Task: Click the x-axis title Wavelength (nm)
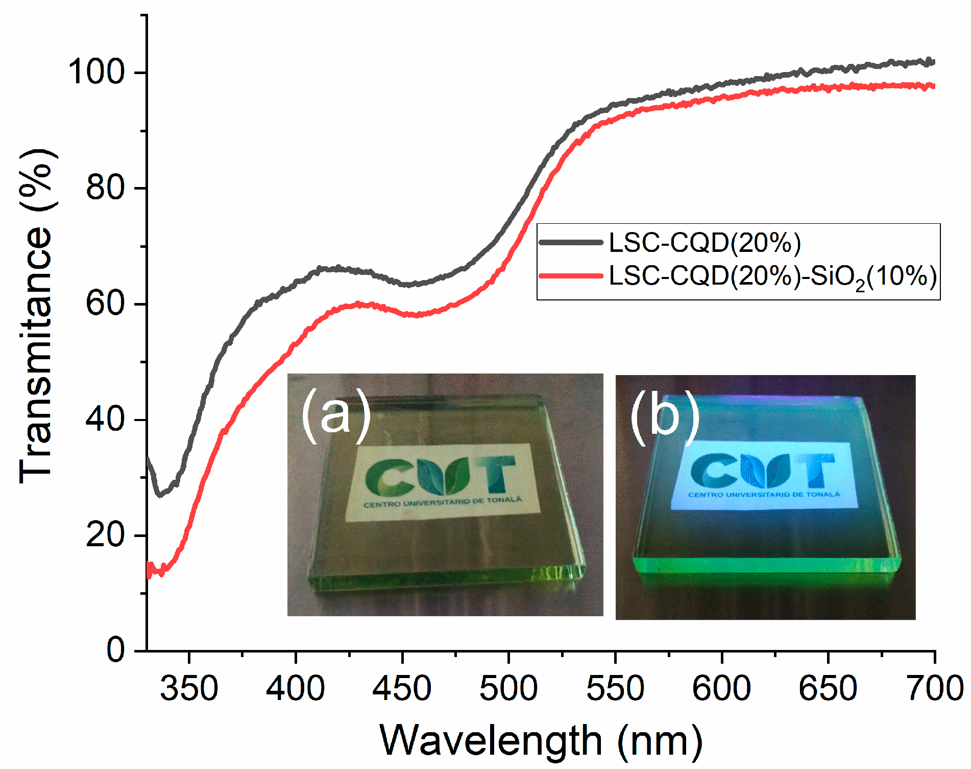(x=541, y=740)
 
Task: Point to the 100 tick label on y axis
(x=96, y=72)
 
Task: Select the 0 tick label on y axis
(x=115, y=650)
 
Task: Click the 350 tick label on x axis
(x=189, y=688)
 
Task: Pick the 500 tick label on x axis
(x=508, y=688)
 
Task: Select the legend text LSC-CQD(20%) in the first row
(x=705, y=243)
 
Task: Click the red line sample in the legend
(x=571, y=276)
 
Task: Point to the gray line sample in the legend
(x=571, y=242)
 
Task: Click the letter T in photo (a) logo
(x=498, y=473)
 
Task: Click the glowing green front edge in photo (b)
(x=766, y=565)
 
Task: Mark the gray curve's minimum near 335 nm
(x=160, y=494)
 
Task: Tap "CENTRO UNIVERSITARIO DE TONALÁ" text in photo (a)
(x=443, y=502)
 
